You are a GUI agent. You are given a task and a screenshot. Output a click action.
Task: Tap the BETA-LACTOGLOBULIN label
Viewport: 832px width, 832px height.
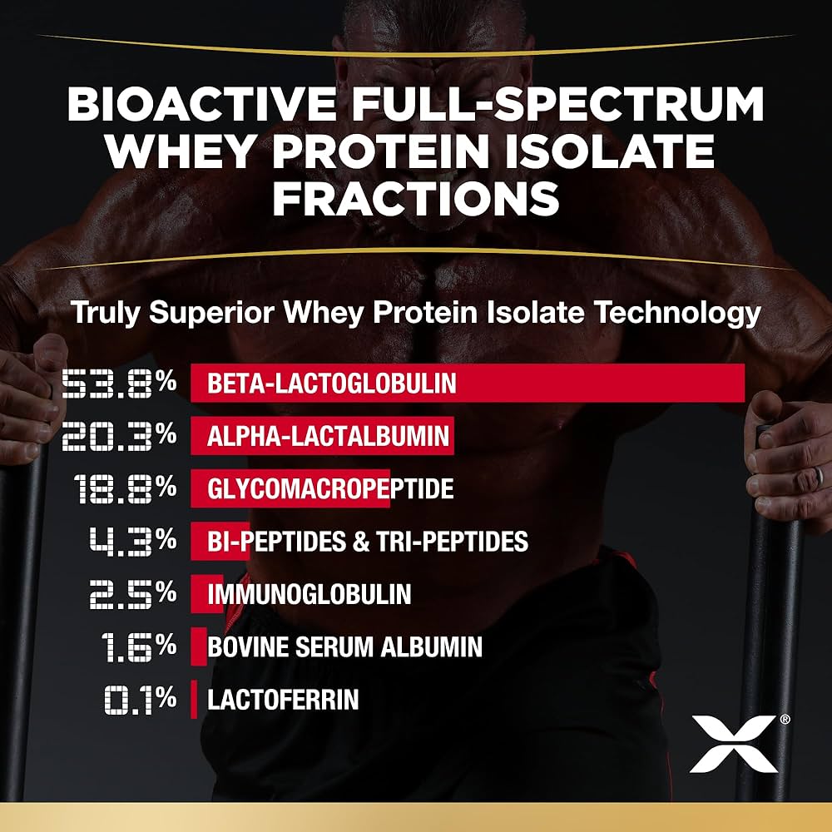click(x=332, y=384)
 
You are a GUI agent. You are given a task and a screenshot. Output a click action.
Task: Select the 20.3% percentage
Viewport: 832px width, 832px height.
click(x=119, y=436)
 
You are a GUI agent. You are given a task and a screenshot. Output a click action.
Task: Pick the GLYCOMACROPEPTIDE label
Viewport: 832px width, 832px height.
click(x=330, y=488)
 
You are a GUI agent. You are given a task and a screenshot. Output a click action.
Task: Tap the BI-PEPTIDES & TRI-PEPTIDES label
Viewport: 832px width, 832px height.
click(x=367, y=542)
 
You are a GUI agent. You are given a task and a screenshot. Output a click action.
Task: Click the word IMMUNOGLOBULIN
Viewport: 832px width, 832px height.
click(x=309, y=594)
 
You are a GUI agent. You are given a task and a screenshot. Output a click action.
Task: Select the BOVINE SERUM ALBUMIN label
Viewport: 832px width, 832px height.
click(x=344, y=646)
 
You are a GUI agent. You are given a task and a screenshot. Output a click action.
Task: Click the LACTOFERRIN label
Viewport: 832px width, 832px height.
click(x=283, y=700)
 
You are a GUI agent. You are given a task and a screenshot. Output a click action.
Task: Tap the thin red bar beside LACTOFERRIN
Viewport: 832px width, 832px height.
click(x=194, y=700)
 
